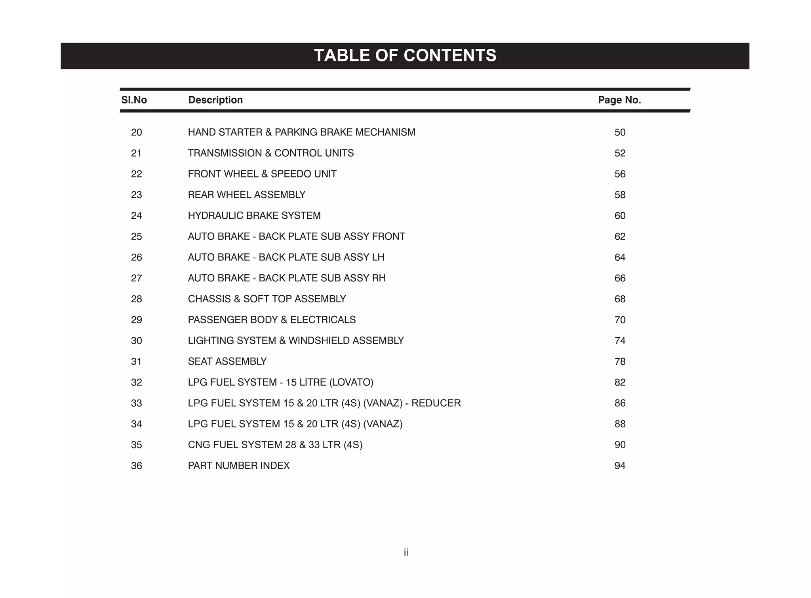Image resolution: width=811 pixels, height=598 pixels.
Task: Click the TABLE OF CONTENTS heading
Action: point(405,55)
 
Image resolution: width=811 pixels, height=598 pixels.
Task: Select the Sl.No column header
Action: point(134,100)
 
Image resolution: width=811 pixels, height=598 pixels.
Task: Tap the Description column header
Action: point(215,100)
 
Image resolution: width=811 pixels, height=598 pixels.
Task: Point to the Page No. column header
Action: point(619,100)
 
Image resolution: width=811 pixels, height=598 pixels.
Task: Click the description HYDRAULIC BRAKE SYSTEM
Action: point(254,216)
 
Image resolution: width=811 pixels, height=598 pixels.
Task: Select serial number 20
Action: point(136,132)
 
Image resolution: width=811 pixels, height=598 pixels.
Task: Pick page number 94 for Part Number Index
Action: point(620,466)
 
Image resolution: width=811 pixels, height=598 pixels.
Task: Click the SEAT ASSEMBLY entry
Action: point(227,361)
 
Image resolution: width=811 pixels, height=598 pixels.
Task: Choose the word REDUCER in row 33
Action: point(436,403)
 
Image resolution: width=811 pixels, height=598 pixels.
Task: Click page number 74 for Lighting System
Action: point(620,341)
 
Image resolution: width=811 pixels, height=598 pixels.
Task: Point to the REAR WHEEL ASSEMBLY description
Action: point(246,195)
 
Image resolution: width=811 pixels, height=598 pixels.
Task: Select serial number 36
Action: point(136,466)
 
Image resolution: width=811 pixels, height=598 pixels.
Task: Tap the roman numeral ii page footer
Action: point(406,552)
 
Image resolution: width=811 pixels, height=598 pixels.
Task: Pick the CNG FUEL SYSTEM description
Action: point(275,445)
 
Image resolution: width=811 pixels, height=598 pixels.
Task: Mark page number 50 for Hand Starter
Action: point(620,132)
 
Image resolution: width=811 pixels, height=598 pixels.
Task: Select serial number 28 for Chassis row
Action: point(136,299)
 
